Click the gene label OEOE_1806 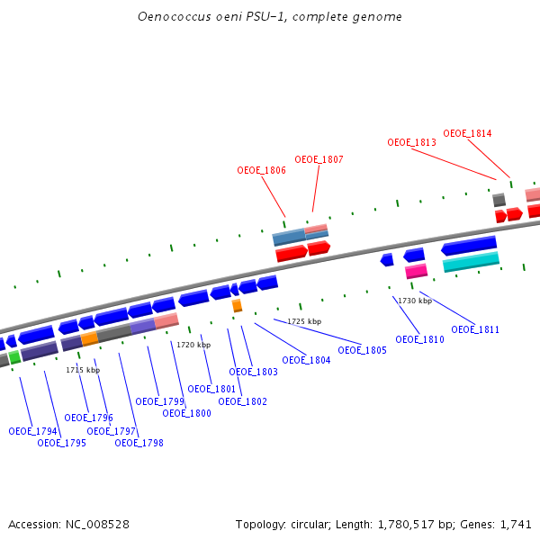coord(261,170)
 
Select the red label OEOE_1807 coord(319,159)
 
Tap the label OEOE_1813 coord(411,142)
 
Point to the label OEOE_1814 coord(467,133)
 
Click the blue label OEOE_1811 coord(475,330)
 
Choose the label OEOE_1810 coord(419,339)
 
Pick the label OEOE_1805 coord(362,350)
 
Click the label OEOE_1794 coord(32,431)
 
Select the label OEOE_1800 coord(186,413)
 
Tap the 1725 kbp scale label coord(304,321)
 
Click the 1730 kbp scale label coord(415,301)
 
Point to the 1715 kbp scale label coord(83,370)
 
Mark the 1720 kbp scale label coord(193,345)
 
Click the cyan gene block coord(471,262)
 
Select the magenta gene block coord(416,271)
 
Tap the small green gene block coord(14,357)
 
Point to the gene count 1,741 coord(516,524)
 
